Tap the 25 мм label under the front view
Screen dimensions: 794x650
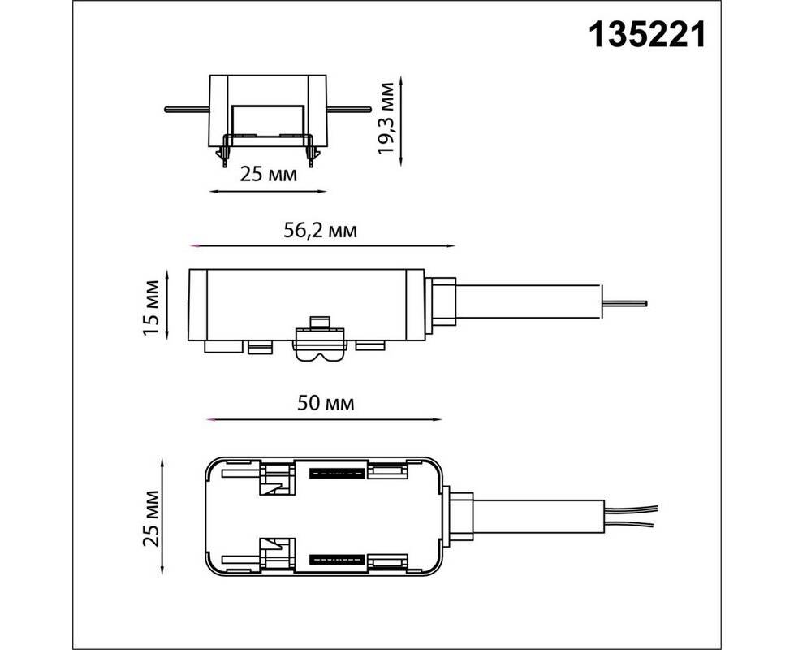pyautogui.click(x=269, y=174)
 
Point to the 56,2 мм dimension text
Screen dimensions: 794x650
pyautogui.click(x=320, y=230)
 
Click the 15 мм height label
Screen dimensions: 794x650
pyautogui.click(x=151, y=307)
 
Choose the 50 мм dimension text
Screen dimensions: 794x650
pyautogui.click(x=326, y=403)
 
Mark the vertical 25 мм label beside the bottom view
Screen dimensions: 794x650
pyautogui.click(x=151, y=518)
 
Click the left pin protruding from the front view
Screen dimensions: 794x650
pyautogui.click(x=187, y=109)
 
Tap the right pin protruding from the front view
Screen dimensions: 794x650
pyautogui.click(x=349, y=109)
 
